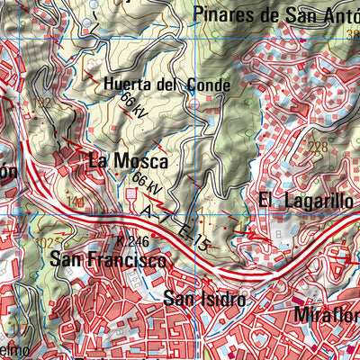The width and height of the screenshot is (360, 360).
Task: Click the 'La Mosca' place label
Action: pyautogui.click(x=128, y=162)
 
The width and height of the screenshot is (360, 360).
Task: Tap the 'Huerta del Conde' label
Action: pyautogui.click(x=167, y=85)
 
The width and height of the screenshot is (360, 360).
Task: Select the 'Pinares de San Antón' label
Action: pyautogui.click(x=274, y=14)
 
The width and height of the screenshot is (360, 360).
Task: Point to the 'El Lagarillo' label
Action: pyautogui.click(x=305, y=201)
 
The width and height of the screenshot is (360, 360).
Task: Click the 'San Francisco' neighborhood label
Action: pyautogui.click(x=108, y=261)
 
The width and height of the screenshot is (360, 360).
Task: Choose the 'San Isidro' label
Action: pyautogui.click(x=203, y=298)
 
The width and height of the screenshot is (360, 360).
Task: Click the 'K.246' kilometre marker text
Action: pyautogui.click(x=131, y=241)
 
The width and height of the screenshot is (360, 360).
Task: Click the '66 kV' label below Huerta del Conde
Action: pyautogui.click(x=133, y=107)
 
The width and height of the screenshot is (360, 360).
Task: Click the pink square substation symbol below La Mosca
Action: pyautogui.click(x=132, y=192)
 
